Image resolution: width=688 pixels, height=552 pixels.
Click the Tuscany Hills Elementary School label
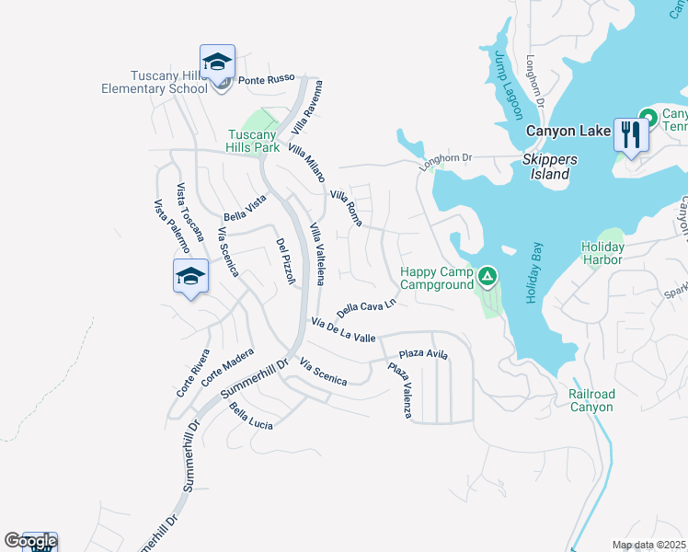click(x=155, y=81)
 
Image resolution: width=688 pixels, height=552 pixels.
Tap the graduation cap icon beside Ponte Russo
click(x=218, y=63)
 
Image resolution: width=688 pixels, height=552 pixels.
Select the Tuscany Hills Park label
click(x=253, y=141)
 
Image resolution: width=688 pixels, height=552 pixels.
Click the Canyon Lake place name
click(x=568, y=132)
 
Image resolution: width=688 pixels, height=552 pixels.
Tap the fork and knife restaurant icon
click(x=630, y=133)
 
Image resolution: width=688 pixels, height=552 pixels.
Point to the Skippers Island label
click(x=550, y=167)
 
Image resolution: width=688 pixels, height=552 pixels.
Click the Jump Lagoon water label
click(x=508, y=85)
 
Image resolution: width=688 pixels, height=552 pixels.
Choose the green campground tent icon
click(x=487, y=275)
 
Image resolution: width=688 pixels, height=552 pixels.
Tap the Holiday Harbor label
click(x=602, y=253)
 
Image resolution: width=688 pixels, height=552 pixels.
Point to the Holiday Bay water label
click(x=533, y=274)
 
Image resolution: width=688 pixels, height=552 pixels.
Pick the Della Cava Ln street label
click(x=366, y=305)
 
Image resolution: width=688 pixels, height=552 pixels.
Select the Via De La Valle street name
click(x=343, y=330)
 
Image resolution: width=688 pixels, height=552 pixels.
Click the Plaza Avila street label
click(x=423, y=354)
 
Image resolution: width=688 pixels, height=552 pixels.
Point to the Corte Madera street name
click(x=227, y=366)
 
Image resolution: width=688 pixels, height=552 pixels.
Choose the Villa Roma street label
click(x=346, y=207)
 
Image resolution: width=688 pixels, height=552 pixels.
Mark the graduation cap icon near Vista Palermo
click(x=190, y=276)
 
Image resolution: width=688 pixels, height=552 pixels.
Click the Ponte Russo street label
click(x=265, y=80)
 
